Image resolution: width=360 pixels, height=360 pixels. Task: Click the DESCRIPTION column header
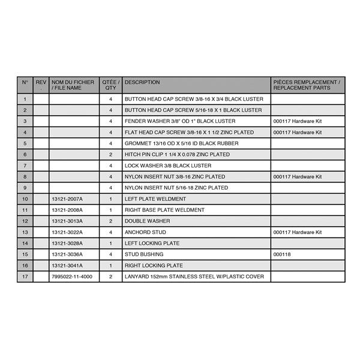tap(142, 82)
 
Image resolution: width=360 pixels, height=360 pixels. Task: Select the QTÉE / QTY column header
tap(111, 85)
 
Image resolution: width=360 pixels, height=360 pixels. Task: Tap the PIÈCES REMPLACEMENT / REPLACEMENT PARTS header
tap(307, 85)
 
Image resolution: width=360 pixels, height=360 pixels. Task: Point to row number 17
tap(25, 277)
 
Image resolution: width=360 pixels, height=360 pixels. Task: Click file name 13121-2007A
tap(67, 199)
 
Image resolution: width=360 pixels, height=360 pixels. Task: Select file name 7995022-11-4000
tap(71, 277)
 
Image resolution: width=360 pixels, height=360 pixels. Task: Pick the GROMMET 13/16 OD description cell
tap(181, 143)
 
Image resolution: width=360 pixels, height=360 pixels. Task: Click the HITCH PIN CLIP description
tap(177, 154)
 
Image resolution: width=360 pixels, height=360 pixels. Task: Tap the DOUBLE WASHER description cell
tap(147, 221)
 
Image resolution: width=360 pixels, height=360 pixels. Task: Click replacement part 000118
tap(282, 254)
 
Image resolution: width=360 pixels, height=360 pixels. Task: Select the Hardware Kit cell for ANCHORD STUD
tap(298, 232)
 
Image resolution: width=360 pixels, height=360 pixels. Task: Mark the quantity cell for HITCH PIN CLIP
tap(111, 154)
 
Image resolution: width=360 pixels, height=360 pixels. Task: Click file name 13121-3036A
tap(67, 254)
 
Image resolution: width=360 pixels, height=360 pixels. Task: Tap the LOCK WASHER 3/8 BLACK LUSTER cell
tap(167, 166)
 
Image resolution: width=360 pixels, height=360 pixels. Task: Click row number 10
tap(25, 199)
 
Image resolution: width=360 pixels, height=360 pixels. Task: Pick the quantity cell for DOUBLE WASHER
tap(111, 221)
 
